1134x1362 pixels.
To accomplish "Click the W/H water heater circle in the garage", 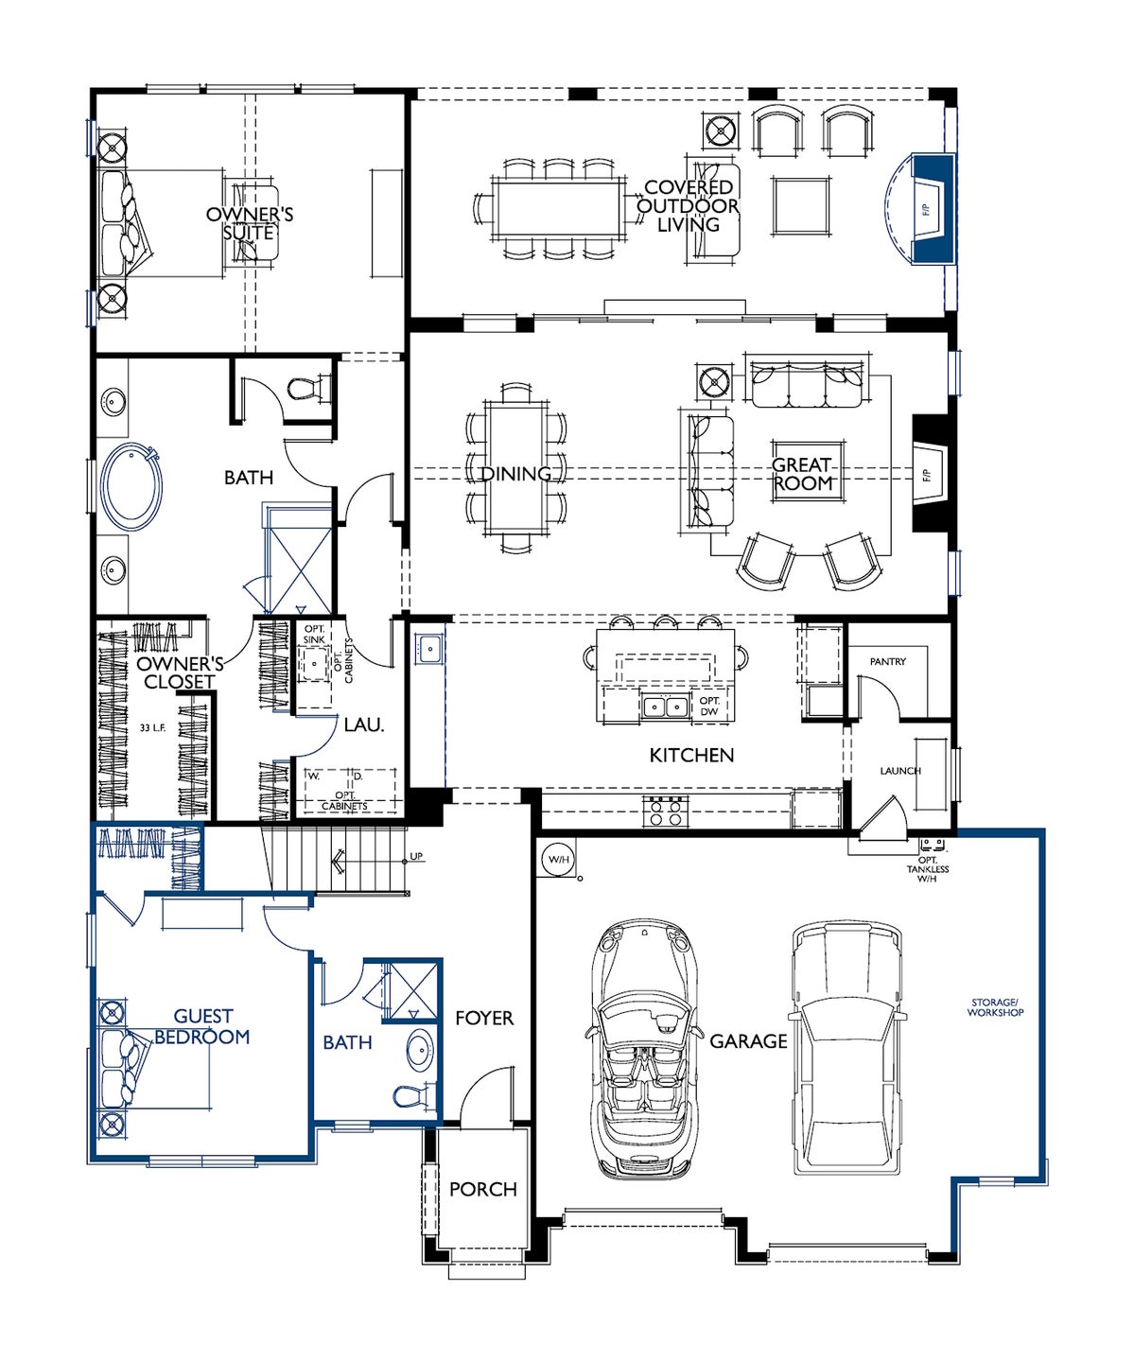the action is pyautogui.click(x=559, y=859).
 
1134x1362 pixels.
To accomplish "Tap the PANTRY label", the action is pyautogui.click(x=888, y=661).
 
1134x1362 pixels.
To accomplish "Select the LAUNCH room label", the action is pyautogui.click(x=900, y=770).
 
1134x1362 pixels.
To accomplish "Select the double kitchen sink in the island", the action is pyautogui.click(x=665, y=706).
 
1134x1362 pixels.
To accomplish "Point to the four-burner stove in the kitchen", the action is pyautogui.click(x=665, y=811).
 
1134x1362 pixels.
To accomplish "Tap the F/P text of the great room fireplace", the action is pyautogui.click(x=927, y=476).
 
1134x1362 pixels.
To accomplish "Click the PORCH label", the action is pyautogui.click(x=483, y=1189).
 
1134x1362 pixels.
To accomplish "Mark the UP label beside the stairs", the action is pyautogui.click(x=415, y=857).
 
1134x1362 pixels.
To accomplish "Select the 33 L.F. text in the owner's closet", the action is pyautogui.click(x=152, y=728).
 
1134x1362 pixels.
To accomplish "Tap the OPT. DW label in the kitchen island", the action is pyautogui.click(x=709, y=706).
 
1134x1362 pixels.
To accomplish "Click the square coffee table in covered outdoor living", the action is pyautogui.click(x=801, y=205).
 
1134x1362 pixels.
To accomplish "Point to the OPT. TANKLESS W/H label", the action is pyautogui.click(x=927, y=869).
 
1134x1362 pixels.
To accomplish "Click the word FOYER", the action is pyautogui.click(x=484, y=1018).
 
